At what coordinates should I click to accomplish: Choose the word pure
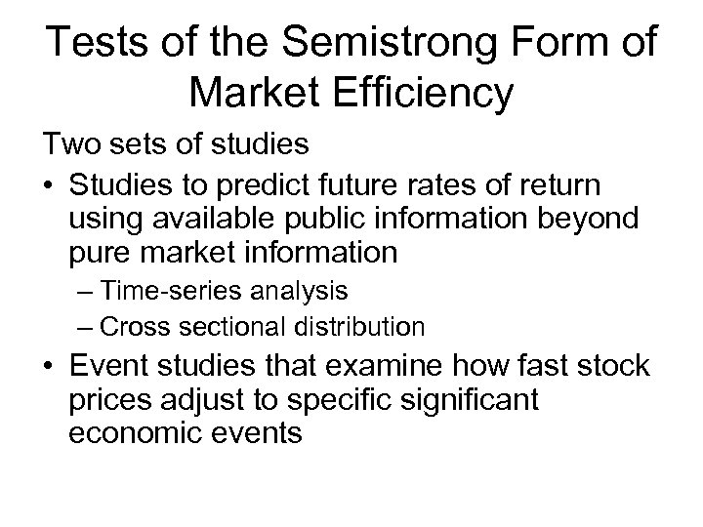101,254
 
